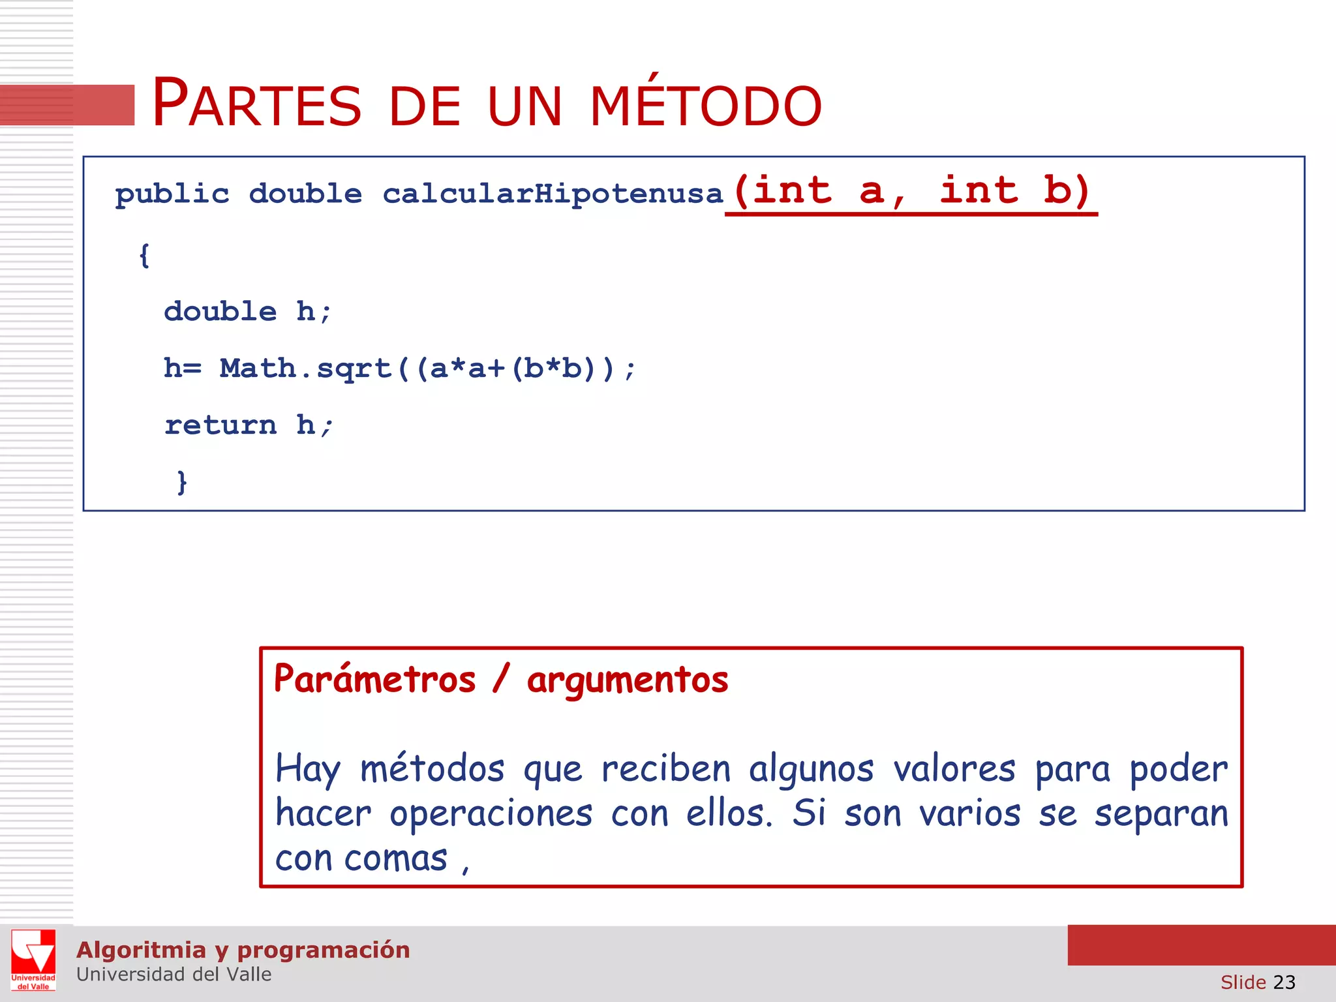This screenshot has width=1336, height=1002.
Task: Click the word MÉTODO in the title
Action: (706, 104)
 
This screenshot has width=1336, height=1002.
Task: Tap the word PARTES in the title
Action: (256, 104)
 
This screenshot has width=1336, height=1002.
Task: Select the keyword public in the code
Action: (172, 194)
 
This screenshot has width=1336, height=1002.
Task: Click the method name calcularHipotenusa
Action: (553, 194)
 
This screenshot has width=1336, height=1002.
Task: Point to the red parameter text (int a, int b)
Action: (911, 191)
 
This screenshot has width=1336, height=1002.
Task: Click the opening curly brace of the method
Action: (144, 255)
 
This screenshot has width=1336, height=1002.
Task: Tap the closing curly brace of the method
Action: (182, 482)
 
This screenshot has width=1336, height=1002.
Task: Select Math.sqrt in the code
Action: (305, 369)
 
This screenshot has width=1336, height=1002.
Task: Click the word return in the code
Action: (220, 425)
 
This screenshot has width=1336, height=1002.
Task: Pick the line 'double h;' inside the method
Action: (248, 312)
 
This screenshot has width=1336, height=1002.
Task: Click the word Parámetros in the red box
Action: (375, 680)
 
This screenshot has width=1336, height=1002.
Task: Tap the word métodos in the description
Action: (433, 768)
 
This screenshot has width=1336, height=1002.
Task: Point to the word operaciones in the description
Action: (491, 814)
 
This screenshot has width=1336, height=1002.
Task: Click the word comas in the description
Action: (395, 858)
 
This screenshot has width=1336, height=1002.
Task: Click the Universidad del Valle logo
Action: (33, 960)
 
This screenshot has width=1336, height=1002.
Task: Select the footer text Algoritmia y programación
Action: (243, 950)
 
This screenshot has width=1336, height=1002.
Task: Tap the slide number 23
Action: (1284, 982)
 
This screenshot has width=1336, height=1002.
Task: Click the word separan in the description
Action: (1161, 814)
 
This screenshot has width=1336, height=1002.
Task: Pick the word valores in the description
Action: (954, 768)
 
